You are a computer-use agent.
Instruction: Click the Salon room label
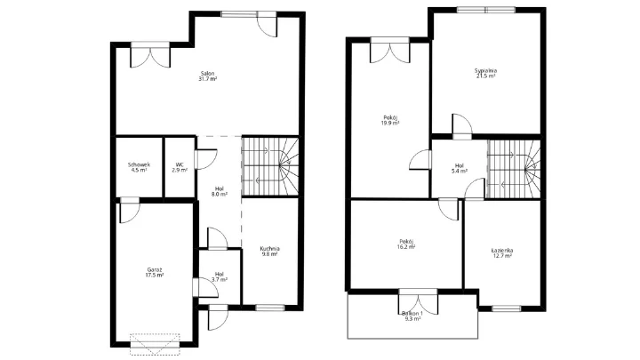pyautogui.click(x=207, y=74)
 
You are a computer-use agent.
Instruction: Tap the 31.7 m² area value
pyautogui.click(x=207, y=79)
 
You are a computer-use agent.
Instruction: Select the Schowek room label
pyautogui.click(x=139, y=164)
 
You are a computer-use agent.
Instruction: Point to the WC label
pyautogui.click(x=180, y=164)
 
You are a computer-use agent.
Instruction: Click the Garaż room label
pyautogui.click(x=155, y=270)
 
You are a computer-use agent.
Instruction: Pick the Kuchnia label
pyautogui.click(x=270, y=249)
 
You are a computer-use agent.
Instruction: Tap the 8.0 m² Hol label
pyautogui.click(x=220, y=191)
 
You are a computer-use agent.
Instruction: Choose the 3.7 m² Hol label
pyautogui.click(x=220, y=276)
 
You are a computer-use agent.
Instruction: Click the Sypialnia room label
pyautogui.click(x=485, y=70)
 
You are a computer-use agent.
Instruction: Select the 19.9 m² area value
pyautogui.click(x=390, y=123)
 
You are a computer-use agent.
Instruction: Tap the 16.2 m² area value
pyautogui.click(x=406, y=246)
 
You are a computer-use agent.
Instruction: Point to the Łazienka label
pyautogui.click(x=502, y=250)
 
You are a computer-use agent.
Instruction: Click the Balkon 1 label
pyautogui.click(x=412, y=313)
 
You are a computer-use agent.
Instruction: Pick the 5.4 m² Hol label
pyautogui.click(x=460, y=168)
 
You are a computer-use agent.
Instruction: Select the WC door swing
pyautogui.click(x=206, y=159)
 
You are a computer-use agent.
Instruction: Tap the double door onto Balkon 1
pyautogui.click(x=418, y=302)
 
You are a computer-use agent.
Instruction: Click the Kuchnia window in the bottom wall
pyautogui.click(x=270, y=308)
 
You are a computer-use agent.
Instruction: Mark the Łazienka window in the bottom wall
pyautogui.click(x=506, y=308)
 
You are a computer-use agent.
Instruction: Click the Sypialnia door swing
pyautogui.click(x=462, y=124)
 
